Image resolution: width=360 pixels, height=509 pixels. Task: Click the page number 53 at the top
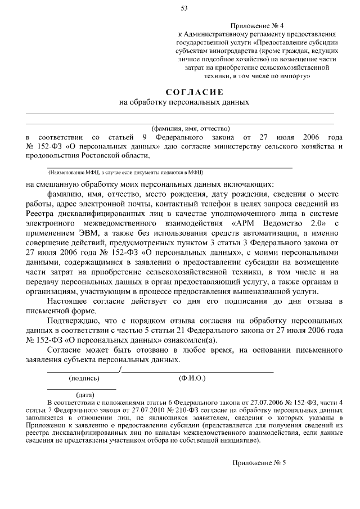tap(184, 8)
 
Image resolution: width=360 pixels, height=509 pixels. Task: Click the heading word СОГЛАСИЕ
tap(194, 92)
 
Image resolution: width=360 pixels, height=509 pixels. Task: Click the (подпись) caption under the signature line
tap(84, 379)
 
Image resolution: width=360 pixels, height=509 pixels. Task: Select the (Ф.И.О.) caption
tap(192, 379)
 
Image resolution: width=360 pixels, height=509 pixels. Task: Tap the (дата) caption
tap(85, 395)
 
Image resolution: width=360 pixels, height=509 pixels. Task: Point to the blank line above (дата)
tap(81, 389)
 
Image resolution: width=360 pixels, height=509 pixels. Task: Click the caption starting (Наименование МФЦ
tap(126, 172)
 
